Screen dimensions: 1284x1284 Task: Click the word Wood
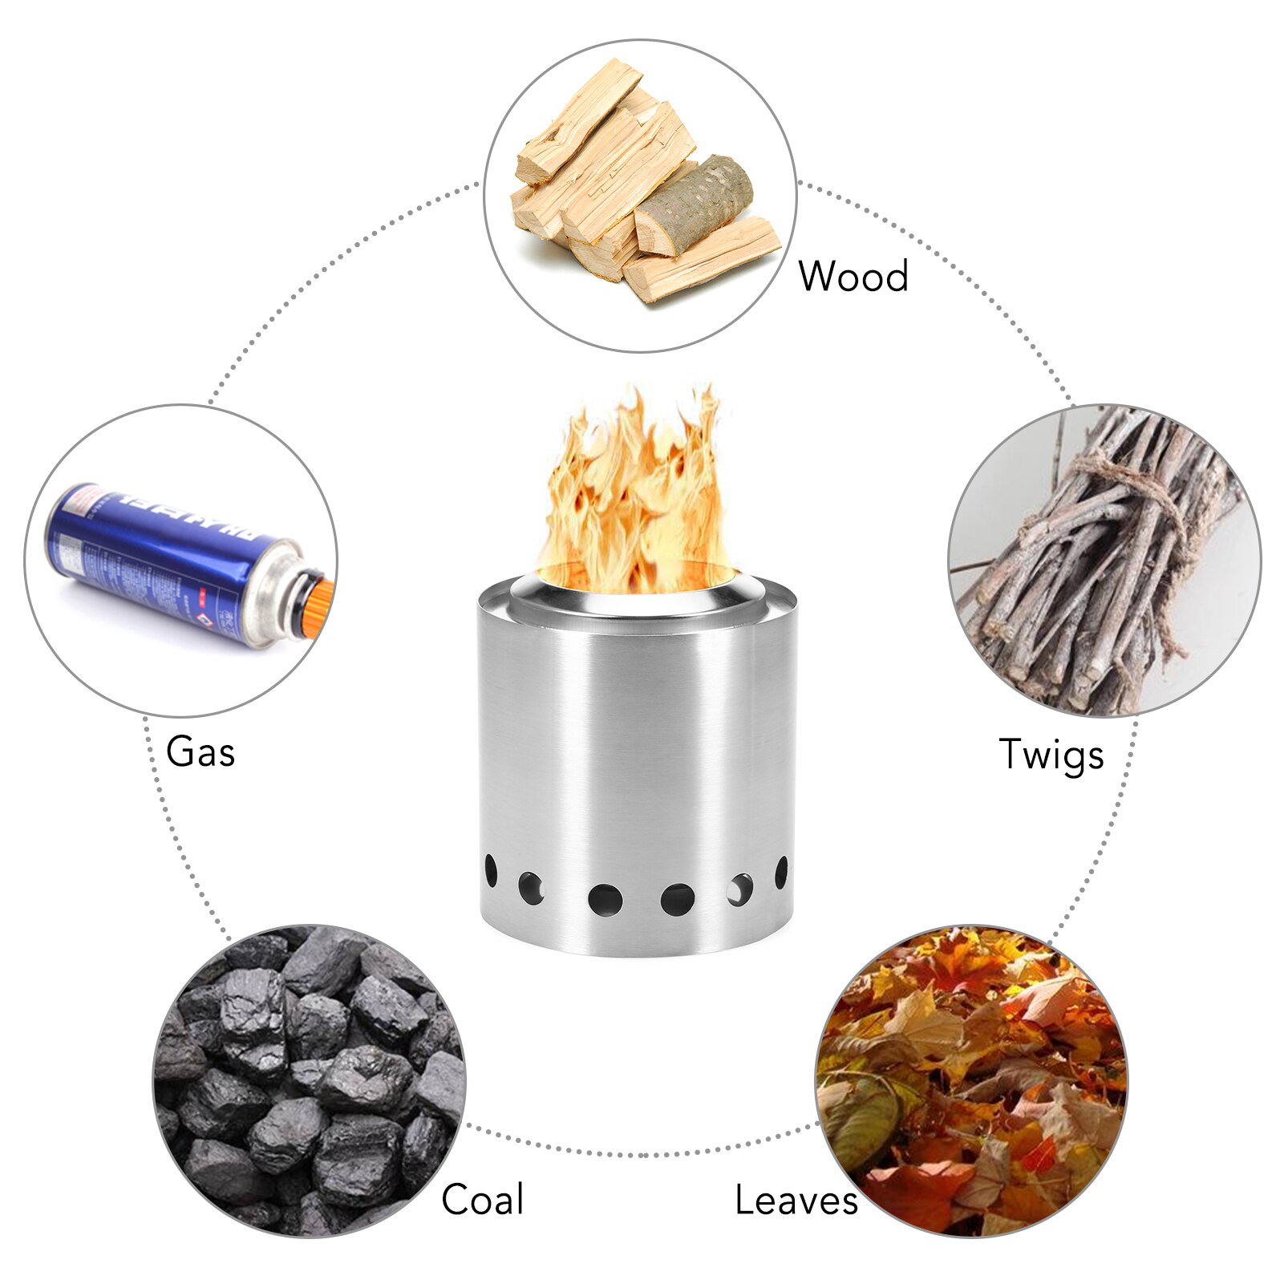click(853, 276)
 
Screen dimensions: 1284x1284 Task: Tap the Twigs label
click(1051, 755)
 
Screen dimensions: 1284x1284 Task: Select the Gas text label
click(200, 752)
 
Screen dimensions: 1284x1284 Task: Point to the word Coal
click(482, 1200)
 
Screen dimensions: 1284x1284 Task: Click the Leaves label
click(796, 1201)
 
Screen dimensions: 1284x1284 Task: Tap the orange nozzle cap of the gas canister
click(318, 609)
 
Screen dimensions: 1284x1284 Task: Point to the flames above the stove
click(634, 497)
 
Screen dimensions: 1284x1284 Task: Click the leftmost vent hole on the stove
click(490, 869)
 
